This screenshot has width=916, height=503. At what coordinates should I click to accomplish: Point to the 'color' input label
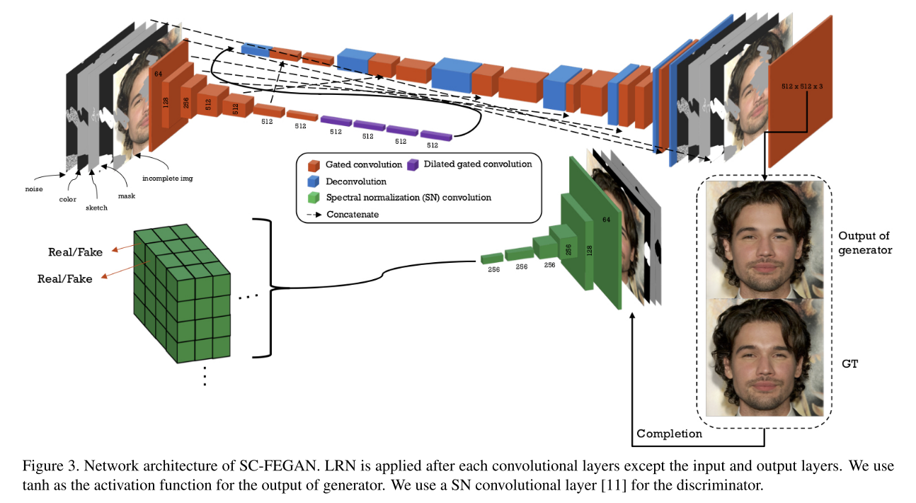point(67,199)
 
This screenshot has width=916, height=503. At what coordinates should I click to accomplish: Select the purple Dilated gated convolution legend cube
point(413,164)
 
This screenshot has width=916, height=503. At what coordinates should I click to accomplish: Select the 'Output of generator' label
point(864,242)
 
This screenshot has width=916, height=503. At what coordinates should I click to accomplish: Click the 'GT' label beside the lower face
point(849,363)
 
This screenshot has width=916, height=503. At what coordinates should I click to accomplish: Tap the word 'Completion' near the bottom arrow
point(669,433)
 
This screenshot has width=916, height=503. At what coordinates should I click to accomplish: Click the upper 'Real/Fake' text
point(75,252)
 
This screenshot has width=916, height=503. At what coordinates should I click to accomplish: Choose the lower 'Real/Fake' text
point(65,279)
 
